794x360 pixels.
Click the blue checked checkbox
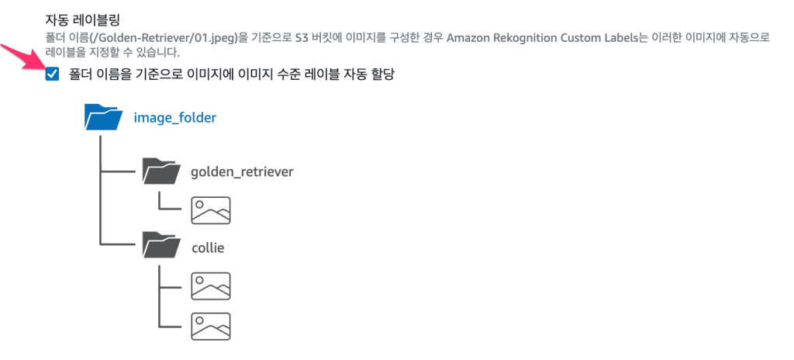coord(53,74)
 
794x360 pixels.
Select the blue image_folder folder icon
coord(103,118)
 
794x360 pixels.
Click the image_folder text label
coord(174,118)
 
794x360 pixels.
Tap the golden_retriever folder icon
coord(161,171)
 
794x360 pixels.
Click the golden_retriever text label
coord(242,171)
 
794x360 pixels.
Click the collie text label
coord(208,247)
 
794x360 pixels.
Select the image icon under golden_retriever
coord(211,209)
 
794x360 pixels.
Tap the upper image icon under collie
coord(211,286)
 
